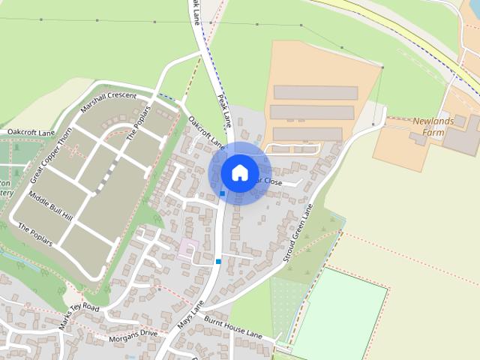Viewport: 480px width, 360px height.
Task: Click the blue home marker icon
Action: tap(239, 172)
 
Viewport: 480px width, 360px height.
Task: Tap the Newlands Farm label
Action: tap(433, 126)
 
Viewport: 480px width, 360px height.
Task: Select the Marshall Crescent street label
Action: tap(108, 102)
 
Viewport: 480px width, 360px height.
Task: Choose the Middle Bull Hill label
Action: tap(49, 205)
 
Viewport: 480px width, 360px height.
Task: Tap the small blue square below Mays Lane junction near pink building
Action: tap(218, 261)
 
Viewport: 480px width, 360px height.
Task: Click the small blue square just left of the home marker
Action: tap(222, 193)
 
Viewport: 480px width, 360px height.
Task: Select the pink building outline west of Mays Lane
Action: tap(186, 248)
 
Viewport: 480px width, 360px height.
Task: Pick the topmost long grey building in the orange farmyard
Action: tap(315, 93)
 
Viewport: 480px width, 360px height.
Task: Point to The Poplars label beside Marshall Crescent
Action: tap(138, 123)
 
